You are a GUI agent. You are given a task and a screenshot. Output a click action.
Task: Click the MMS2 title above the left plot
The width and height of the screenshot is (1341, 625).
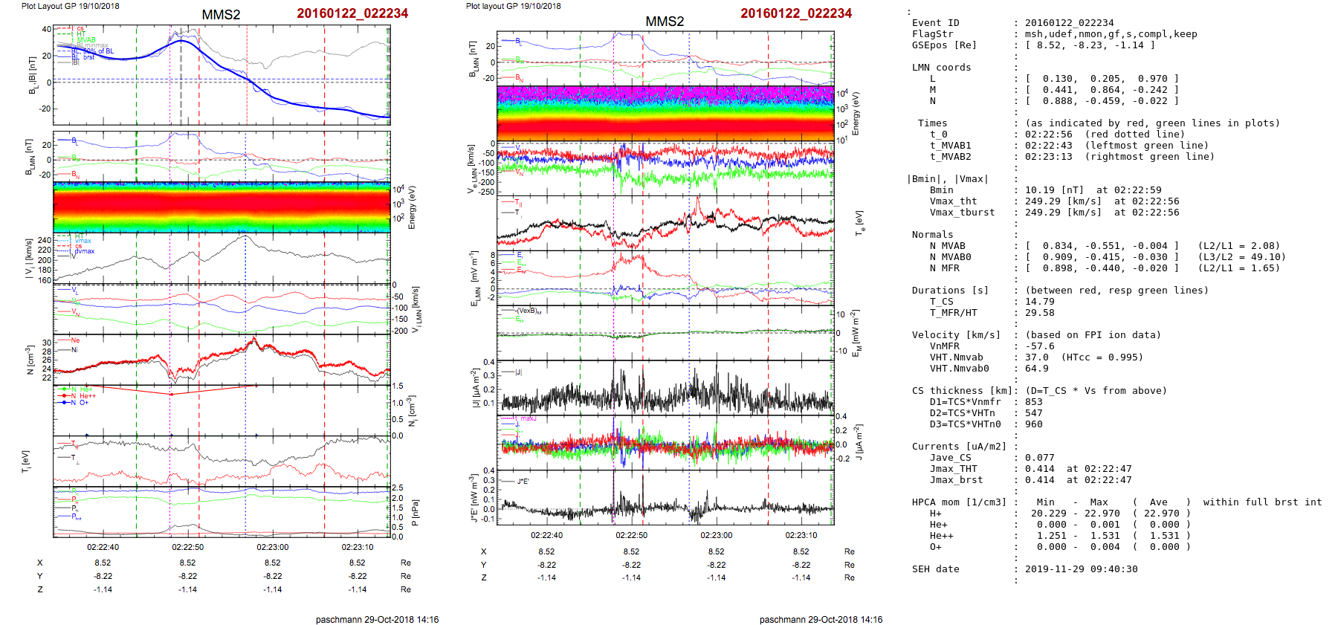pyautogui.click(x=221, y=15)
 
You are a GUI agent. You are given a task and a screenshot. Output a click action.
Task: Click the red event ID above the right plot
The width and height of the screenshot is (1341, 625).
pyautogui.click(x=796, y=13)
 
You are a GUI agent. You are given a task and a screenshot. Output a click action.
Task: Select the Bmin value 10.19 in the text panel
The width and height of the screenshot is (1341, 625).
pyautogui.click(x=1040, y=190)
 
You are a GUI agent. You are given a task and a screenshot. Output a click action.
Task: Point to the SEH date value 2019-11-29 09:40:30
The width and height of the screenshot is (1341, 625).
pyautogui.click(x=1081, y=569)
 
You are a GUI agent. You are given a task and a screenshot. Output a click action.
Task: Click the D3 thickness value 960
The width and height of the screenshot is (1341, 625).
pyautogui.click(x=1034, y=424)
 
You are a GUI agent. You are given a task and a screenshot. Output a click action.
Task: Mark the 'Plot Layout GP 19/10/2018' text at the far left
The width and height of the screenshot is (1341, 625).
pyautogui.click(x=70, y=6)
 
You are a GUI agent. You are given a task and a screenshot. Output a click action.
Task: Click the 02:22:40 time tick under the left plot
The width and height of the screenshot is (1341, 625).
pyautogui.click(x=103, y=547)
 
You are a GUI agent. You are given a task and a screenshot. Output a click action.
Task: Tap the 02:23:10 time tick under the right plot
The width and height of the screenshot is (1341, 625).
pyautogui.click(x=801, y=535)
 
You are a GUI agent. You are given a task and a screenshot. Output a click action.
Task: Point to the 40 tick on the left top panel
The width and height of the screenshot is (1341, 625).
pyautogui.click(x=47, y=30)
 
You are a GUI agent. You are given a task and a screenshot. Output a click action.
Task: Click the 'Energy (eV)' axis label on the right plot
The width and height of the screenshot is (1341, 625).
pyautogui.click(x=856, y=114)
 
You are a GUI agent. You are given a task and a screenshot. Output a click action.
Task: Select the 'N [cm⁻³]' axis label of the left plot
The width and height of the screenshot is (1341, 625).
pyautogui.click(x=30, y=360)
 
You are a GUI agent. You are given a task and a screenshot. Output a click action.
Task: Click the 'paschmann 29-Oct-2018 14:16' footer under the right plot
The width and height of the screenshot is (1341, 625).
pyautogui.click(x=821, y=620)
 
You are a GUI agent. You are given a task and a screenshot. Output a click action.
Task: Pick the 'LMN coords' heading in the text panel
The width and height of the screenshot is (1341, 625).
pyautogui.click(x=941, y=68)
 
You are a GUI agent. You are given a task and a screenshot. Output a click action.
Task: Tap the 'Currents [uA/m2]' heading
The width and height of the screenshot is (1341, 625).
pyautogui.click(x=959, y=447)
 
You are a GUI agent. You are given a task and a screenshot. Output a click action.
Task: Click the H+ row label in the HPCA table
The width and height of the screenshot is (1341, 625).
pyautogui.click(x=935, y=514)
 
